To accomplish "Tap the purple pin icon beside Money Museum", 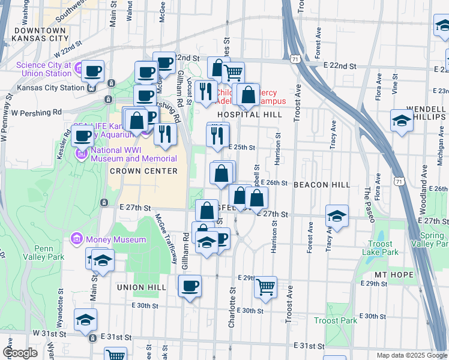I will point(76,239).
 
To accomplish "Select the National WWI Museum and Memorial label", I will point(133,154).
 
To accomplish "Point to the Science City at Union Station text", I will point(44,70).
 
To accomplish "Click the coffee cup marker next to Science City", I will point(92,71).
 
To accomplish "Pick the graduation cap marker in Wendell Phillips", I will point(401,121).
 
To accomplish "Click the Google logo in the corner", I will point(21,353).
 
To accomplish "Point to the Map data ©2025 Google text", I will point(411,355).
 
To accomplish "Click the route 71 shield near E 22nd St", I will point(294,59).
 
